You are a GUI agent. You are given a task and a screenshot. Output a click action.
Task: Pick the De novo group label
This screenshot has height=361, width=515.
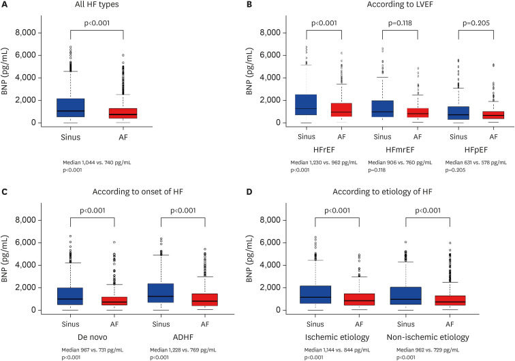point(90,338)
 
